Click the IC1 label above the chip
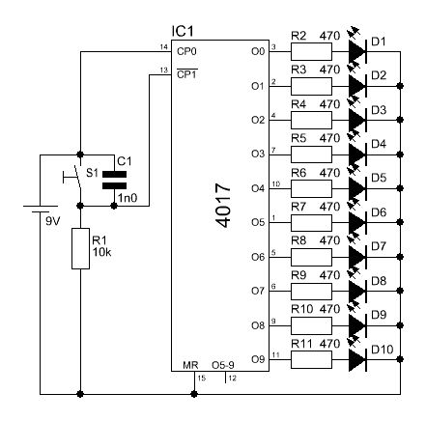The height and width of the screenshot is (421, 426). tap(183, 32)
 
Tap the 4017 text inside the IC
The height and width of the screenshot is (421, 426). tap(223, 206)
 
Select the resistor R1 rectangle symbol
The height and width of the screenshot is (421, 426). tap(80, 248)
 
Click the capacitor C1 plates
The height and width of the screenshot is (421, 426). tap(114, 180)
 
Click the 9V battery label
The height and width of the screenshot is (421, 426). tap(53, 221)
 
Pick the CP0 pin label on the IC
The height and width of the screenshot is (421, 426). tap(186, 51)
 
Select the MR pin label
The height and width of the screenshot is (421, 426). tap(190, 365)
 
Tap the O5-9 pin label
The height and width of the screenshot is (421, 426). tap(223, 365)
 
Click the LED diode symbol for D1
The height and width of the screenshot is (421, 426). tap(358, 51)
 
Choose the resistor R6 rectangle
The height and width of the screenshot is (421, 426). tap(311, 188)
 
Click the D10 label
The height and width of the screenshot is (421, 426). tap(383, 350)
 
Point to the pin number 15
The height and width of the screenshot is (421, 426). tap(202, 378)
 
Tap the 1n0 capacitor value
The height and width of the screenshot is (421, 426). tap(128, 198)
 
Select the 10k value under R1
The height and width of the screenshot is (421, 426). tap(101, 252)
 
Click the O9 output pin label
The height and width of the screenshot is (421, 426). tap(258, 359)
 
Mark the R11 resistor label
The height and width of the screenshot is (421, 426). tap(301, 344)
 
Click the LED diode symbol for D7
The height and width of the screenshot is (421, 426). tap(358, 257)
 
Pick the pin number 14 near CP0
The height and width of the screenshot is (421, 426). tap(164, 47)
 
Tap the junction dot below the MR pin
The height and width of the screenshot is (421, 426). tap(194, 394)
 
